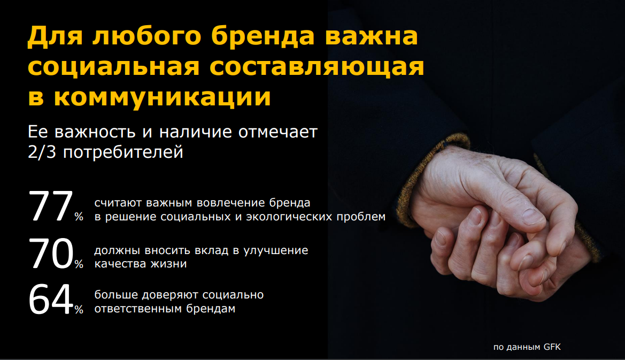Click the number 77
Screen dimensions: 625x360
click(x=51, y=206)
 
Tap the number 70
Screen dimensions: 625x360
click(x=51, y=254)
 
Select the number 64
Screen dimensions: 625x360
click(x=51, y=300)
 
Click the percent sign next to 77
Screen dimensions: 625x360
click(x=79, y=217)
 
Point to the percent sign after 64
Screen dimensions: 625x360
click(x=79, y=309)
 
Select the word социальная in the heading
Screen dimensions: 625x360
click(x=113, y=66)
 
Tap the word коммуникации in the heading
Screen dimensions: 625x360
click(x=162, y=97)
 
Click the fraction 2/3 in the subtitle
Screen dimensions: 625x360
click(x=42, y=152)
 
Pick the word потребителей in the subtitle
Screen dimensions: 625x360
click(x=123, y=152)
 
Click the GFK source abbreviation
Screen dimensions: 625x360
click(x=552, y=347)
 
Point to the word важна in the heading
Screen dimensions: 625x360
click(x=372, y=36)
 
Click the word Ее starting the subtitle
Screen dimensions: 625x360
click(x=38, y=132)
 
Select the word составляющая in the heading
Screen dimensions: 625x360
click(x=317, y=66)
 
